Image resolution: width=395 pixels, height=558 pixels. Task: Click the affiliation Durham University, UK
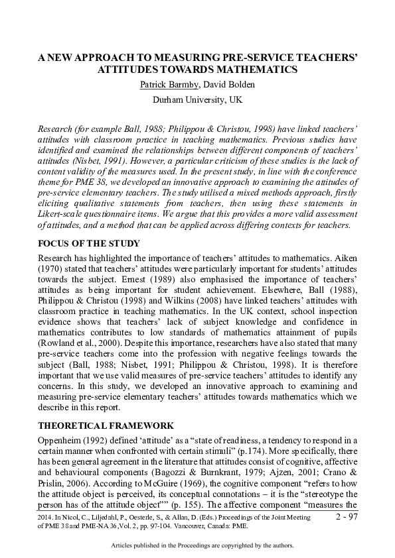[x=197, y=100]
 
